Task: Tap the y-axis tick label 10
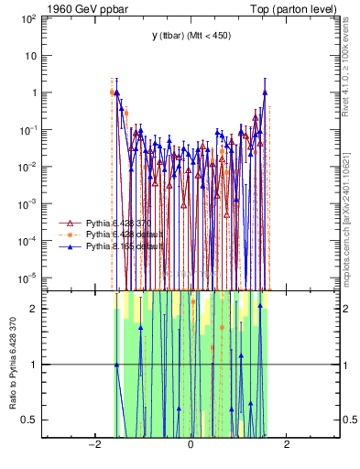point(32,55)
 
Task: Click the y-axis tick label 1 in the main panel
point(35,93)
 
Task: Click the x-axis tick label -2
point(93,446)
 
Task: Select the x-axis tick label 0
point(191,446)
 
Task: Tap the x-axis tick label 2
point(287,446)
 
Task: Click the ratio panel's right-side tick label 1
point(347,365)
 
